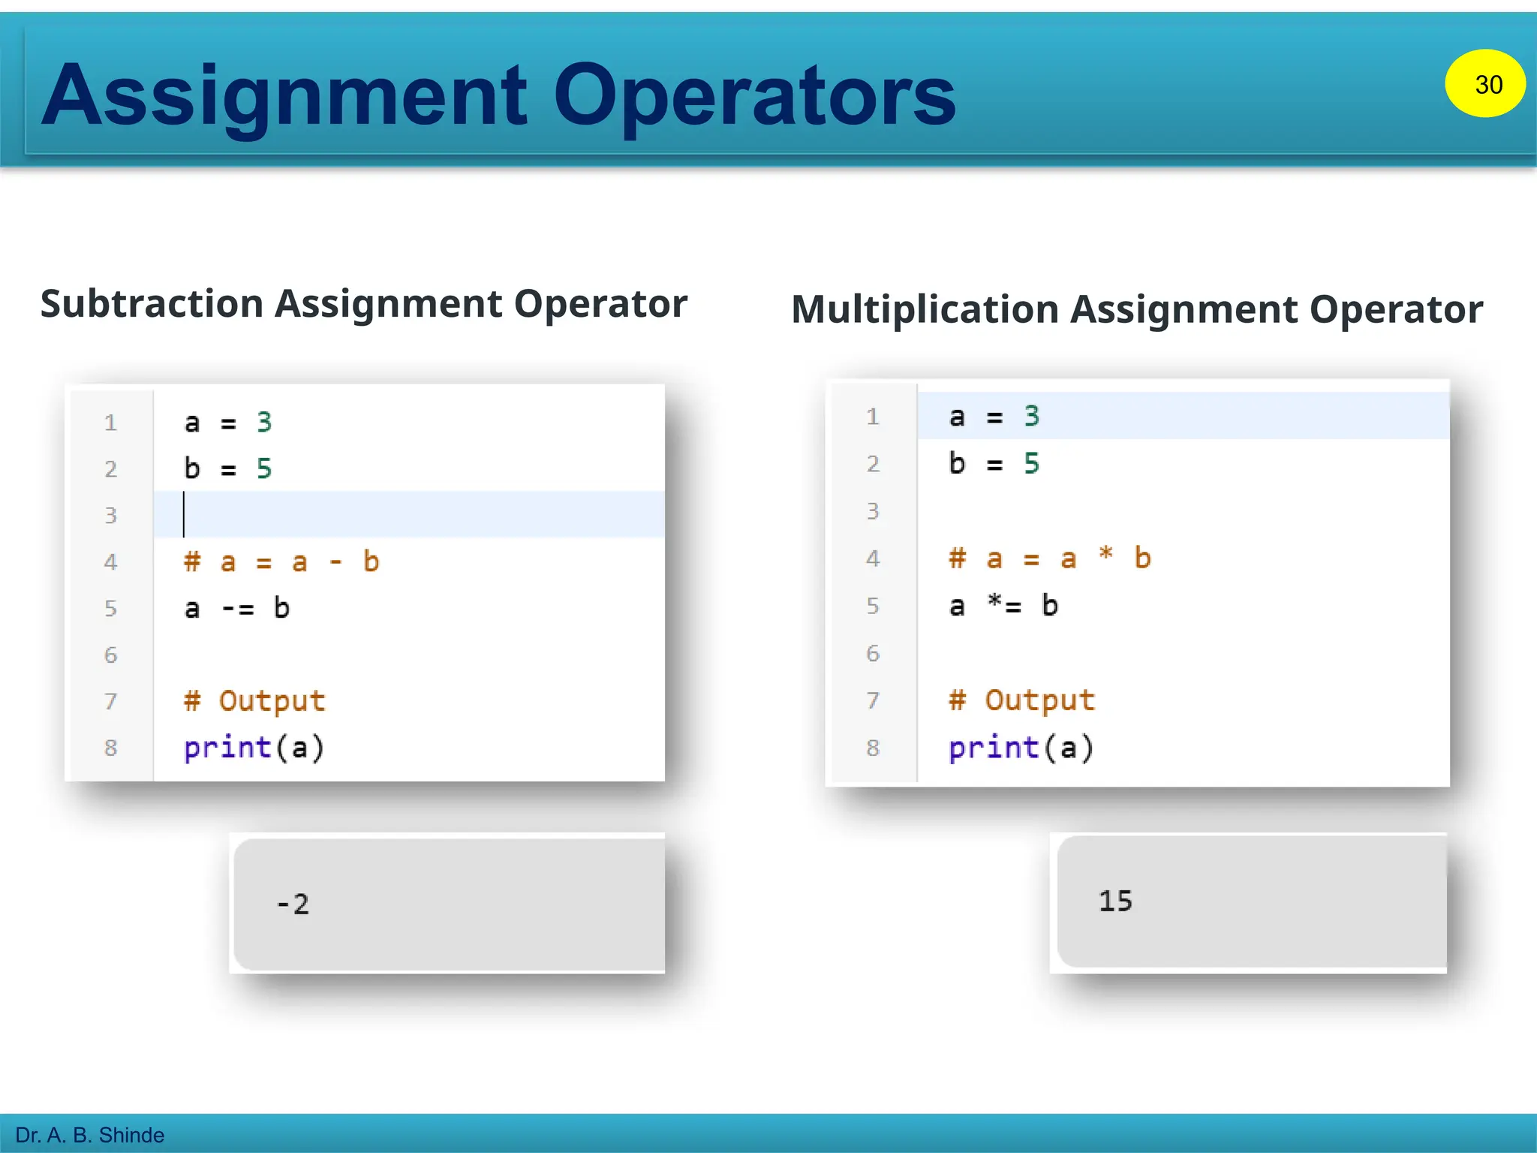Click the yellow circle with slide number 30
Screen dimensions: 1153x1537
click(1484, 83)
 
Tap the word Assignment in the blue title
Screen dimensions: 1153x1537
click(285, 96)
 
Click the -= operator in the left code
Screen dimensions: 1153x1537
click(238, 608)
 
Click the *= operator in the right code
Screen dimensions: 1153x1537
click(1004, 605)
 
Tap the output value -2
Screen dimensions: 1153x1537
click(293, 904)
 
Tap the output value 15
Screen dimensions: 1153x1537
click(1115, 901)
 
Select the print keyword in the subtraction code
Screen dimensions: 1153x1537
click(227, 748)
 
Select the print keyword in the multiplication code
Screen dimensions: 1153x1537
click(993, 748)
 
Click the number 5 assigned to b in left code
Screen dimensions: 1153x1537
click(264, 469)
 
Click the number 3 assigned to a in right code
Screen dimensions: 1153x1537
click(1032, 417)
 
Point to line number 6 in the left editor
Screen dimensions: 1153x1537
click(111, 655)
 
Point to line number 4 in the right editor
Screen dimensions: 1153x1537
click(873, 558)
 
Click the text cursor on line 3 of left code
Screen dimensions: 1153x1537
click(184, 515)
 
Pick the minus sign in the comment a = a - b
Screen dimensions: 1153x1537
click(335, 562)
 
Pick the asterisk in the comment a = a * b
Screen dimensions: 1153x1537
click(1105, 555)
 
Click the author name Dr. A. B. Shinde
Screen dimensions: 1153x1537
click(90, 1135)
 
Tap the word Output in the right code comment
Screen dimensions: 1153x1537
click(1039, 700)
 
